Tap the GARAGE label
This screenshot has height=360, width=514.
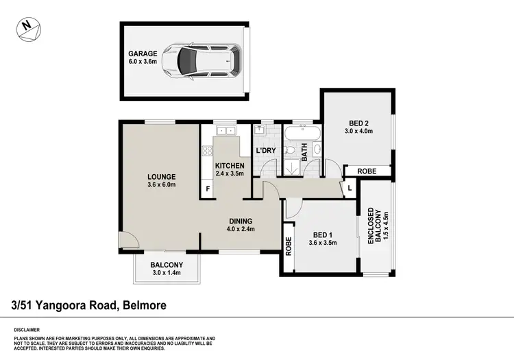[143, 53]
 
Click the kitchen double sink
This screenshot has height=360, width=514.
[223, 130]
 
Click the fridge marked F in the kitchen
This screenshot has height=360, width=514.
[206, 189]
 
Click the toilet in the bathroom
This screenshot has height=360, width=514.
[291, 149]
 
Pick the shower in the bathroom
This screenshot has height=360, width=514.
[292, 168]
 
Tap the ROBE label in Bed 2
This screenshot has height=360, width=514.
[367, 171]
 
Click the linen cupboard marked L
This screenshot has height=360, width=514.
[350, 187]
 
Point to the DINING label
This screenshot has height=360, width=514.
[241, 220]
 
